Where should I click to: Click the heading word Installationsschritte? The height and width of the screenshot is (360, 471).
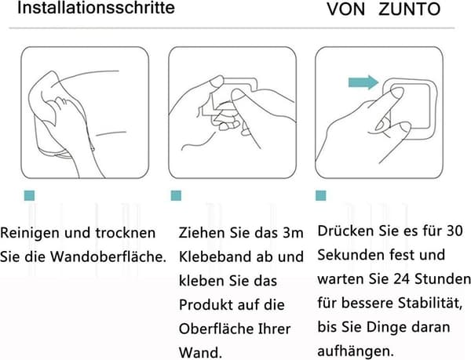coord(96,8)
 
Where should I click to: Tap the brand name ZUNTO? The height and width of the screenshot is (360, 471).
coord(410,9)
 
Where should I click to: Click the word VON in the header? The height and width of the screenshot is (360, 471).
coord(345,9)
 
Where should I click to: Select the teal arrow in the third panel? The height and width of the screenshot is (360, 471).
coord(363,82)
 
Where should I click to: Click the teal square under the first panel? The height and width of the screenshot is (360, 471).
coord(30,195)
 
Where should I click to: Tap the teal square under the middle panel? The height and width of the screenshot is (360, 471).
coord(176,195)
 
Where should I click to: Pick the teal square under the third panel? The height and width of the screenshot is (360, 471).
coord(321,195)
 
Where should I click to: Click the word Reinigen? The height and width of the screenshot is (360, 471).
coord(30,234)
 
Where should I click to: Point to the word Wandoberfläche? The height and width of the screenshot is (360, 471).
coord(108,256)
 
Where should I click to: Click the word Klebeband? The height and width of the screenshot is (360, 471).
coord(215,256)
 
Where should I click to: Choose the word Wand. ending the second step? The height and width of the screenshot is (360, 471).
coord(200,352)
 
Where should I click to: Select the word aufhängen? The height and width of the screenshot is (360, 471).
coord(356,351)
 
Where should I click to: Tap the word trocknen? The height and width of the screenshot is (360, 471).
coord(126,234)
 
